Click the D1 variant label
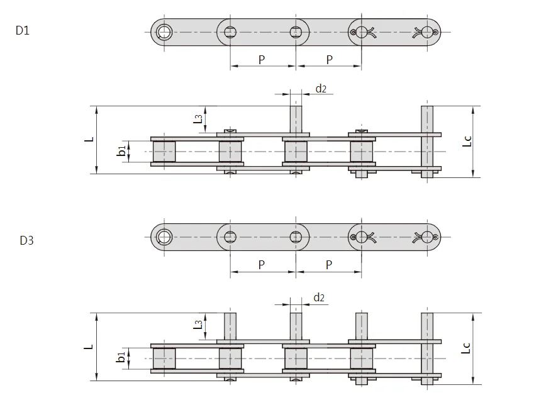22,31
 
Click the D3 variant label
26,240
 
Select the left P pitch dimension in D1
262,59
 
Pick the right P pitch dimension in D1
329,59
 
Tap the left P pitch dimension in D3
262,265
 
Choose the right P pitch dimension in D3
329,265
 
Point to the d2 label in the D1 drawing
321,88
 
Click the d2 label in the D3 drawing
319,297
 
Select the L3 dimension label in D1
197,117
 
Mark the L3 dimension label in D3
197,324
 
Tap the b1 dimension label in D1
121,152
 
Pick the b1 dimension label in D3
121,358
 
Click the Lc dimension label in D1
466,141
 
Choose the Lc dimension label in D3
466,347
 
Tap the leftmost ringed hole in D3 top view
165,236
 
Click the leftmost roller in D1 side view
165,152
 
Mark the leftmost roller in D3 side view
165,358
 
